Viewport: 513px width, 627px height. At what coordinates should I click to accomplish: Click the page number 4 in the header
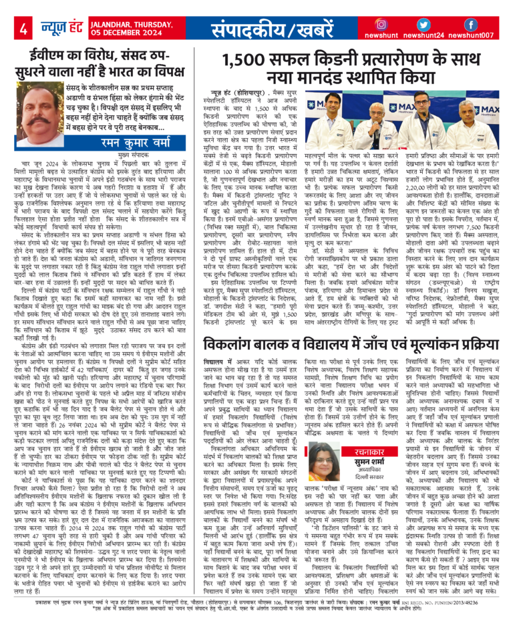click(x=23, y=29)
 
